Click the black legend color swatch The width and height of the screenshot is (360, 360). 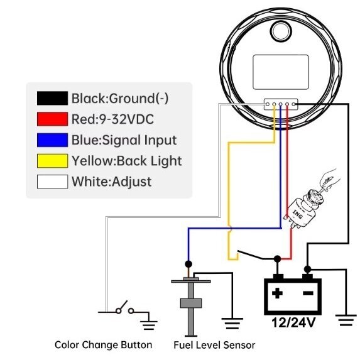52,98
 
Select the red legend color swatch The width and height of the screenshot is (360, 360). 52,119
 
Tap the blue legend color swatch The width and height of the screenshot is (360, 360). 52,140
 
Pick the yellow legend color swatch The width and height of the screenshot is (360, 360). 52,161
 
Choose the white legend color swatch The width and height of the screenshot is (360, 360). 52,182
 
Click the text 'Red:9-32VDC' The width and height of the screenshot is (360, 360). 112,119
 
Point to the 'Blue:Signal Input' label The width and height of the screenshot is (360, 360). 124,140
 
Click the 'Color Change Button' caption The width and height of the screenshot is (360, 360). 103,345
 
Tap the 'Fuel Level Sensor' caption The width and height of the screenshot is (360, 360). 214,345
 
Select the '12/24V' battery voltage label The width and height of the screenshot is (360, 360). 293,322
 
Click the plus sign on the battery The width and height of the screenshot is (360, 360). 277,293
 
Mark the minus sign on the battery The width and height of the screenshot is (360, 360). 308,293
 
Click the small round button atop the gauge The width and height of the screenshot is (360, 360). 281,31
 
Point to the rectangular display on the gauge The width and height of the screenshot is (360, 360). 281,72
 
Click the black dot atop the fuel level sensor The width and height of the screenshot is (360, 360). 188,264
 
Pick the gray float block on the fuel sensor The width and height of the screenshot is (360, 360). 191,303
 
